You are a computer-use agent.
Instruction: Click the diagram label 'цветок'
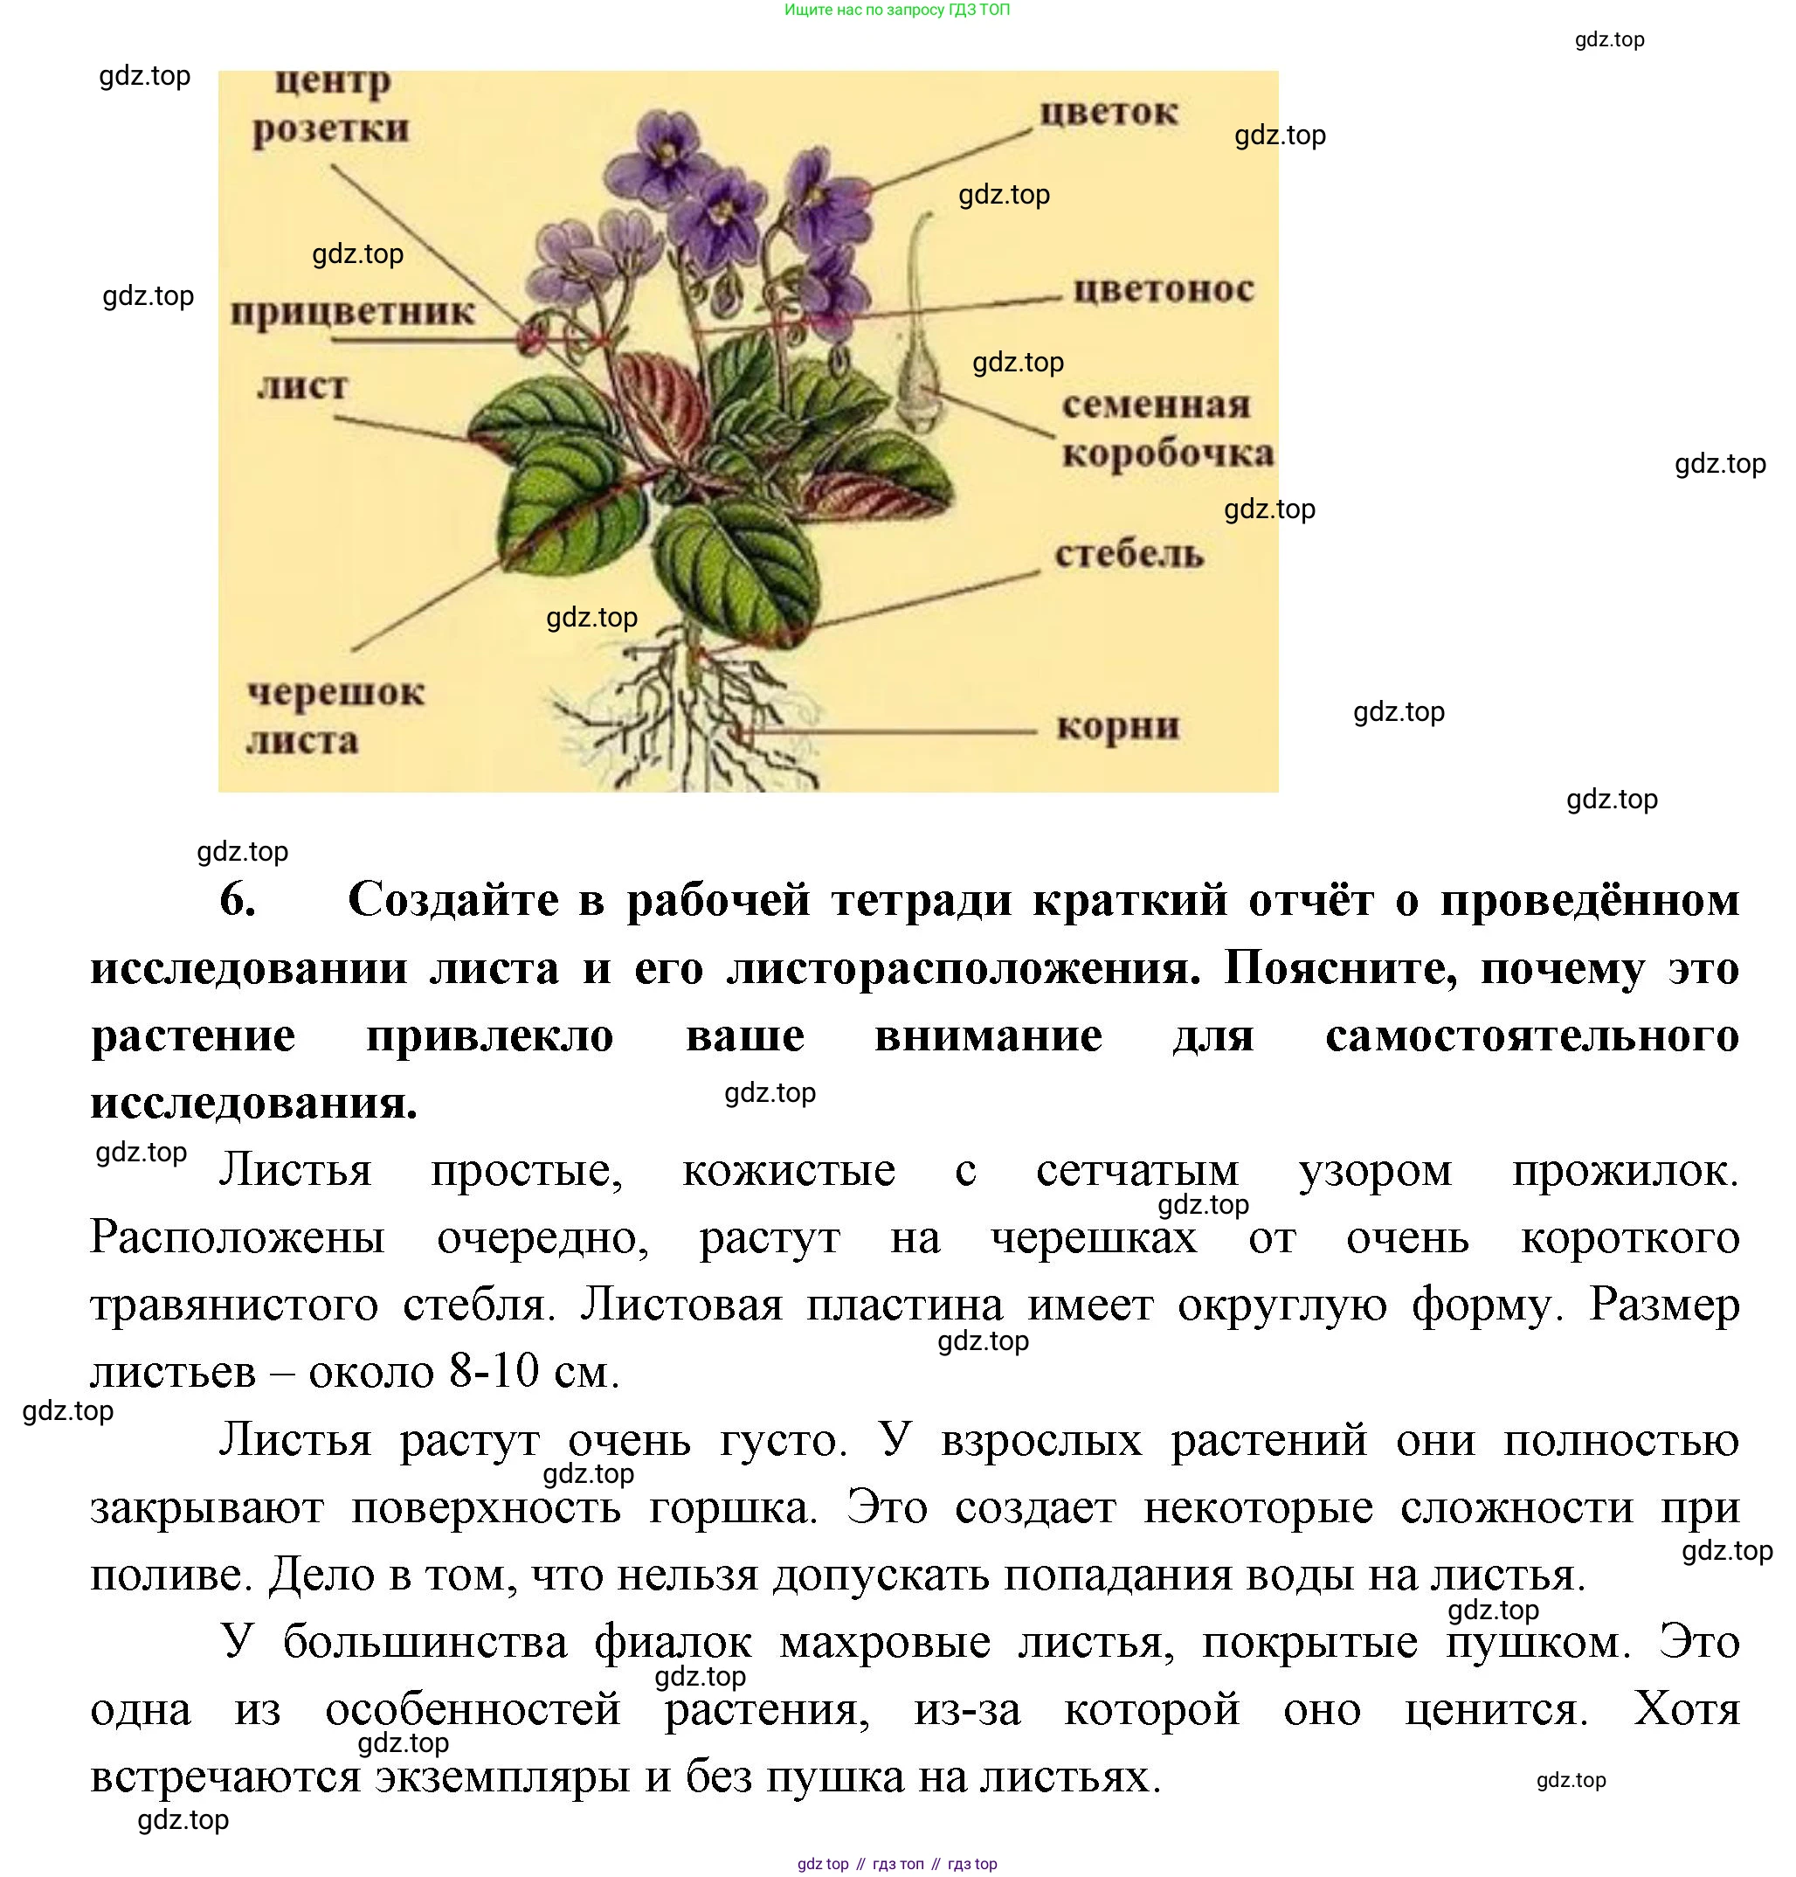[x=1109, y=112]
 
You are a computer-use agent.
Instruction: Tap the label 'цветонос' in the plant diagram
[x=1164, y=289]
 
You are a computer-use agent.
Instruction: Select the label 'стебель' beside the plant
[x=1129, y=553]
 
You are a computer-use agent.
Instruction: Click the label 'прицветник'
[x=352, y=312]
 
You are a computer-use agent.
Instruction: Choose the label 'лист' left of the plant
[x=302, y=386]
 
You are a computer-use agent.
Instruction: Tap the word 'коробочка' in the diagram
[x=1168, y=453]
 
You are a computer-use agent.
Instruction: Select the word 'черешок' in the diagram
[x=336, y=692]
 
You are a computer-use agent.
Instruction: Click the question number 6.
[x=238, y=899]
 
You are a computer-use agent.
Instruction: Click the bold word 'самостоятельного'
[x=1532, y=1036]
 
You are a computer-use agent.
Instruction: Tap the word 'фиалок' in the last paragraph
[x=673, y=1644]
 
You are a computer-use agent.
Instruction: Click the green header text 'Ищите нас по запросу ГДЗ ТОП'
[x=897, y=10]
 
